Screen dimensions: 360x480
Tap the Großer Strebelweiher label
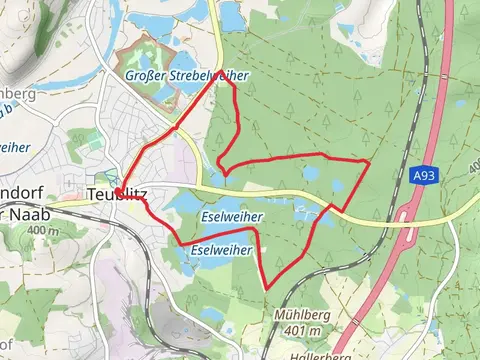pos(187,76)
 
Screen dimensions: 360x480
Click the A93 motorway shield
pos(423,175)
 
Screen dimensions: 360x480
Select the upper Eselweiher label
pos(231,216)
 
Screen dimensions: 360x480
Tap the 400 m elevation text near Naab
pos(44,231)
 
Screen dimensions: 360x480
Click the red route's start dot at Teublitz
pos(118,190)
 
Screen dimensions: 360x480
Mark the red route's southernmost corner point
pos(267,289)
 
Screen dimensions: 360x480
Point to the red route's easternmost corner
pos(369,161)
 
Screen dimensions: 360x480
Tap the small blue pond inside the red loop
pos(311,173)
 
